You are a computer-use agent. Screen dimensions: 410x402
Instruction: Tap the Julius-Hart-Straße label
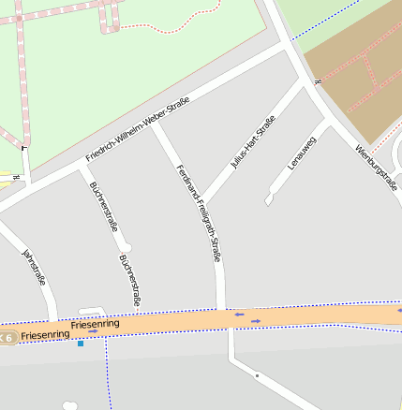tap(253, 141)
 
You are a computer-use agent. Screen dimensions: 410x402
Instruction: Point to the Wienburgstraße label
tap(378, 168)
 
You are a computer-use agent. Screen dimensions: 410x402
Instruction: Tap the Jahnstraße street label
tap(34, 267)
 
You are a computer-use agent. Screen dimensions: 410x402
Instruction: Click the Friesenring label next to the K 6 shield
tap(45, 334)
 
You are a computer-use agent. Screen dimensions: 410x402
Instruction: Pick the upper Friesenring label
tap(95, 323)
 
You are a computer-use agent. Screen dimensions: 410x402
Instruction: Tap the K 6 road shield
tap(7, 337)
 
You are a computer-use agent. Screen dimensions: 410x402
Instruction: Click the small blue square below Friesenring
tap(81, 344)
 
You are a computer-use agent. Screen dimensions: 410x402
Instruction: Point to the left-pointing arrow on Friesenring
tap(240, 315)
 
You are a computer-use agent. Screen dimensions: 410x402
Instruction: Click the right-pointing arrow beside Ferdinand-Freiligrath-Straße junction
tap(256, 321)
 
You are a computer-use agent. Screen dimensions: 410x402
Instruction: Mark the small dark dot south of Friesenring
tap(257, 375)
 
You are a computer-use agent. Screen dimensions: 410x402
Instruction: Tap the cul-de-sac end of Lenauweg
tap(270, 198)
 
